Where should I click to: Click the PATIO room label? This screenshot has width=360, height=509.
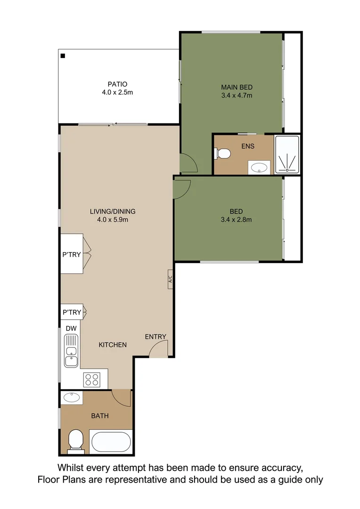(117, 84)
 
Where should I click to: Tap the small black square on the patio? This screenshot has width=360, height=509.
(63, 56)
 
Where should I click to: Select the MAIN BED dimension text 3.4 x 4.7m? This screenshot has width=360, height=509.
(237, 96)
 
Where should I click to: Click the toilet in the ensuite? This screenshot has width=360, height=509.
(222, 154)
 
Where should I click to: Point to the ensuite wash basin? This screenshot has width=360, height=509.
(259, 167)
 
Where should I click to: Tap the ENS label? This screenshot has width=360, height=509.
(248, 146)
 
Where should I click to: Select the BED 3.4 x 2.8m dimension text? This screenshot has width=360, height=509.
(237, 219)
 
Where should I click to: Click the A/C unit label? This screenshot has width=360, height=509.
(170, 279)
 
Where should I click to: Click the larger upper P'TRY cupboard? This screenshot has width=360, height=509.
(72, 254)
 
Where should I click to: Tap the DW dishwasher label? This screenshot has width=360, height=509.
(71, 328)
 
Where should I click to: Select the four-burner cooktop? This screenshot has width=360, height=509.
(91, 379)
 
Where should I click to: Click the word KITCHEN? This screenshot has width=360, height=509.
(113, 345)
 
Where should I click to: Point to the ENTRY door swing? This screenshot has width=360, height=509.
(158, 349)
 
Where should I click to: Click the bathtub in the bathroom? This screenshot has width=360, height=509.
(111, 442)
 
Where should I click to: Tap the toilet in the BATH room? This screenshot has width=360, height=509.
(75, 442)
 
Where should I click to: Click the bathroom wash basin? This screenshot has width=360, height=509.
(72, 397)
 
